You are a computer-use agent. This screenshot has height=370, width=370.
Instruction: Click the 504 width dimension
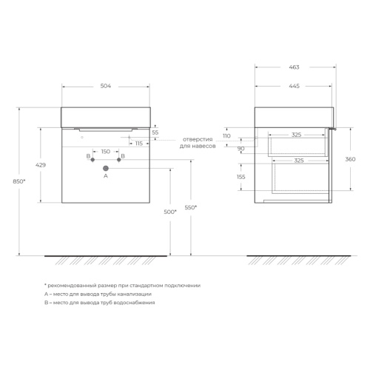coord(106,86)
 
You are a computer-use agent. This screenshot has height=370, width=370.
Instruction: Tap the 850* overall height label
coord(19,181)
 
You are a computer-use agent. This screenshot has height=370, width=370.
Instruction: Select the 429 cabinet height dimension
coord(41,165)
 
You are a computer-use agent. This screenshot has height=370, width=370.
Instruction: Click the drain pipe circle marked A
coord(106,168)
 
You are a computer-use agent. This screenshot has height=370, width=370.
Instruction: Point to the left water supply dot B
coord(92,160)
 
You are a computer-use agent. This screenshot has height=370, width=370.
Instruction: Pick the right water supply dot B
coord(119,160)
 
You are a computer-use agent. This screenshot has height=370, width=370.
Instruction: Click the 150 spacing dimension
coord(106,152)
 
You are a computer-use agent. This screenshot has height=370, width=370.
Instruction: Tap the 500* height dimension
coord(170,212)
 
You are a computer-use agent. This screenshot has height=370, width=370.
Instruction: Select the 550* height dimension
coord(191,207)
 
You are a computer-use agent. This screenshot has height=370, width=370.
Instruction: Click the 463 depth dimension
coord(294,67)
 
